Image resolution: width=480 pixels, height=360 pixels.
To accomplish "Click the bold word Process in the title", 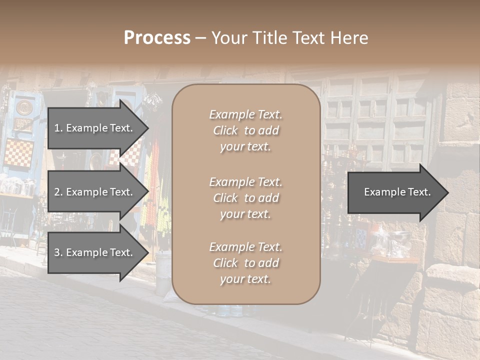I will (157, 37).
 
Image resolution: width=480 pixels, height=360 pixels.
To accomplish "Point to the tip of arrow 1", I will (147, 128).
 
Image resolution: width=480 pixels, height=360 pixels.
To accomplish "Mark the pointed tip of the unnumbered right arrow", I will (448, 192).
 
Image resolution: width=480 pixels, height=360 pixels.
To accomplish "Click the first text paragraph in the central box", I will (246, 130).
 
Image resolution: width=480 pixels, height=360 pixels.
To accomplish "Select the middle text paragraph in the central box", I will (246, 198).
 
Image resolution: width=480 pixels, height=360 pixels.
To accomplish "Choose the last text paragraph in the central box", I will (246, 263).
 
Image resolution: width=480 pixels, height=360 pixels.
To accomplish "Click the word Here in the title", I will (350, 37).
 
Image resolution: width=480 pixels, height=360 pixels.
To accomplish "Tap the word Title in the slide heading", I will (268, 37).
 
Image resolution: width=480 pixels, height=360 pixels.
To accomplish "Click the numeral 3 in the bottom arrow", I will (56, 252).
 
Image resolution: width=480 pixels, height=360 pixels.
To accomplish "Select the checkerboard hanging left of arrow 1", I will (19, 153).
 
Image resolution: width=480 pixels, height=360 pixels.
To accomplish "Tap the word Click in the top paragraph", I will (225, 130).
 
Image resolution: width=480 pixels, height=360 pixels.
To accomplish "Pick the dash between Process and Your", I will (200, 37).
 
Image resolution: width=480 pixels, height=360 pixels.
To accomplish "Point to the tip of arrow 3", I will (147, 252).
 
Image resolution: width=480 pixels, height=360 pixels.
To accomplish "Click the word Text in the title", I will (311, 37).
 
